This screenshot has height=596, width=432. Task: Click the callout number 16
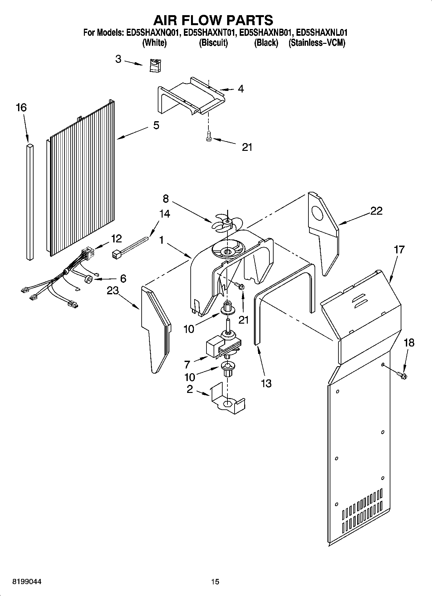point(21,107)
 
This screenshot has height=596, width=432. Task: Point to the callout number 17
point(399,249)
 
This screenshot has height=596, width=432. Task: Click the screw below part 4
point(208,136)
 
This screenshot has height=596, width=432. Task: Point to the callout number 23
point(113,291)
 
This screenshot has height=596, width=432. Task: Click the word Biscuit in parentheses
point(213,43)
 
